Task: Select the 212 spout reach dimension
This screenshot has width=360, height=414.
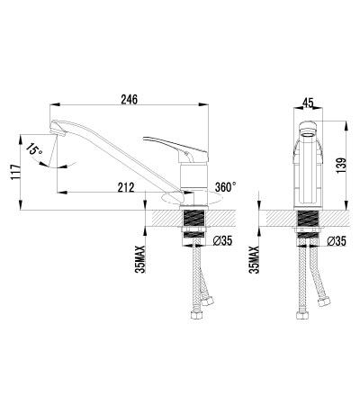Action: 127,187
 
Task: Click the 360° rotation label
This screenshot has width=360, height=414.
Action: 225,186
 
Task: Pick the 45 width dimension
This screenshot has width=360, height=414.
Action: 309,103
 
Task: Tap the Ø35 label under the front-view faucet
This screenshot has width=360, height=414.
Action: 337,241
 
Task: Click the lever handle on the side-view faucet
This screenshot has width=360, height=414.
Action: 171,143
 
